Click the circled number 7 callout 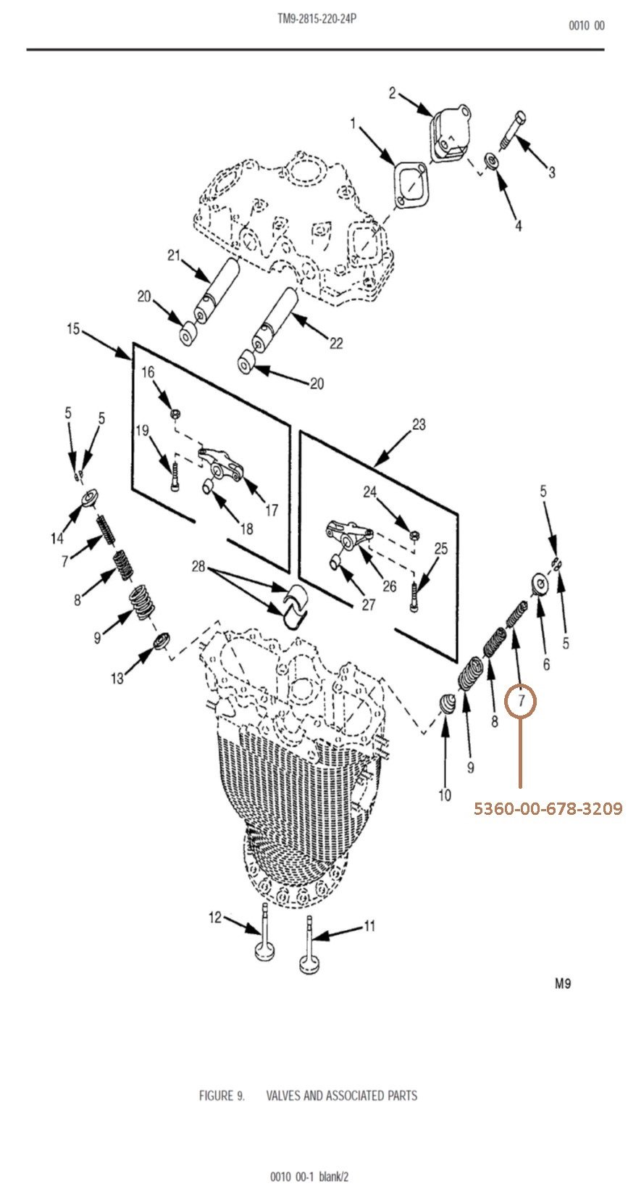tap(521, 700)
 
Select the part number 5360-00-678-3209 tap(548, 808)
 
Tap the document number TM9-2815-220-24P tap(317, 19)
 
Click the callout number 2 tap(392, 94)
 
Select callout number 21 tap(173, 255)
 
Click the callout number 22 tap(336, 342)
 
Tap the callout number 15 tap(73, 329)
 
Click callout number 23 tap(419, 425)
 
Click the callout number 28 tap(198, 565)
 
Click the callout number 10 tap(445, 795)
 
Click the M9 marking tap(563, 984)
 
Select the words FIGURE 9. tap(221, 1095)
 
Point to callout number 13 tap(117, 679)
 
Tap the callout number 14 tap(57, 538)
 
